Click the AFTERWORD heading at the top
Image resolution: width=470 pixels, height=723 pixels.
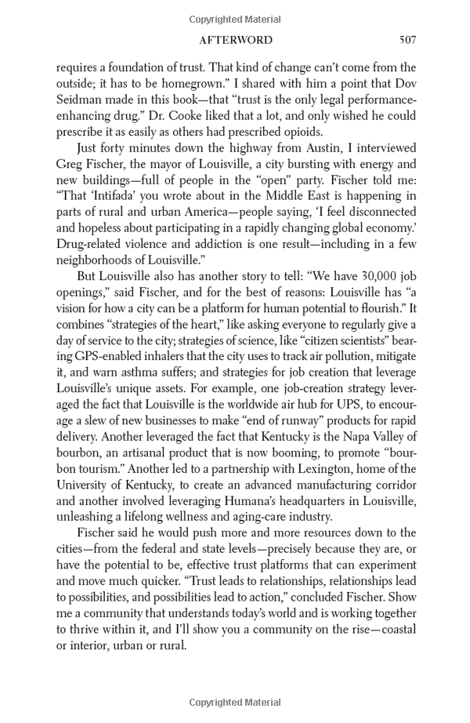236,40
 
